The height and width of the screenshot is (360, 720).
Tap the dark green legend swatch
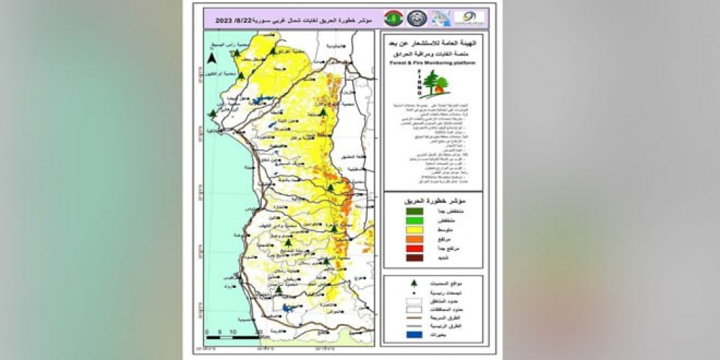click(414, 211)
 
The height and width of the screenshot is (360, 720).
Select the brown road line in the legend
click(414, 315)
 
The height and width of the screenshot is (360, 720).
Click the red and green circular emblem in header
click(393, 18)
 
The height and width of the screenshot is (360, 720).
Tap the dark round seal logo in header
click(417, 18)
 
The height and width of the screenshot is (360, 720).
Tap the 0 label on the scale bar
click(207, 331)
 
